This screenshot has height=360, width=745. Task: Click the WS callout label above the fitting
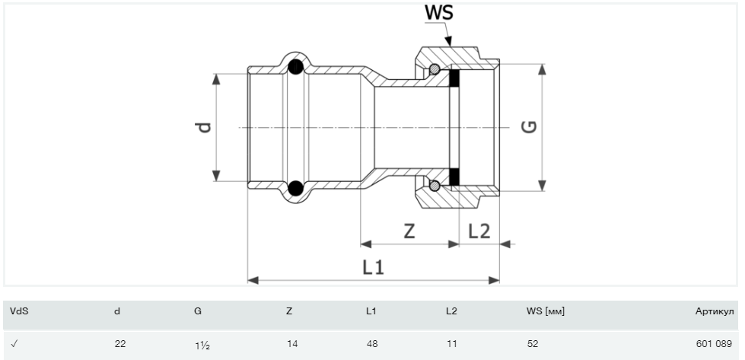point(438,12)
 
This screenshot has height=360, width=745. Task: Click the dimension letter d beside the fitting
point(204,127)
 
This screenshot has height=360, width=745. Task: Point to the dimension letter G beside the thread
point(530,127)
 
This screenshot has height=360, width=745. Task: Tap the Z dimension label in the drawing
point(409,231)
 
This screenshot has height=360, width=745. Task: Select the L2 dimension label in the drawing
point(479,231)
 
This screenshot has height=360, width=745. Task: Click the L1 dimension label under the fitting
point(373,267)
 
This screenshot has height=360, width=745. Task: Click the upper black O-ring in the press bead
point(295,66)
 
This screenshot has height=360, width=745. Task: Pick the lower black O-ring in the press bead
point(295,188)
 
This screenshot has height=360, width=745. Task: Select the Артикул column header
point(715,311)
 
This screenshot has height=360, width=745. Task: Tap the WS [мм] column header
point(546,311)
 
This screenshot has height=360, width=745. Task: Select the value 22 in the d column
point(120,344)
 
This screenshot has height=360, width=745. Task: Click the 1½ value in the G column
point(202,345)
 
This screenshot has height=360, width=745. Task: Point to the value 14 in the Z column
point(292,344)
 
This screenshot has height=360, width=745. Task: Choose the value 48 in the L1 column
point(373,344)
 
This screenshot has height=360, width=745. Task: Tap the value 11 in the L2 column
point(452,344)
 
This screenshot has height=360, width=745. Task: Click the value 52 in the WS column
point(533,344)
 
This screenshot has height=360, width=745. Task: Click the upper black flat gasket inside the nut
point(454,78)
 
